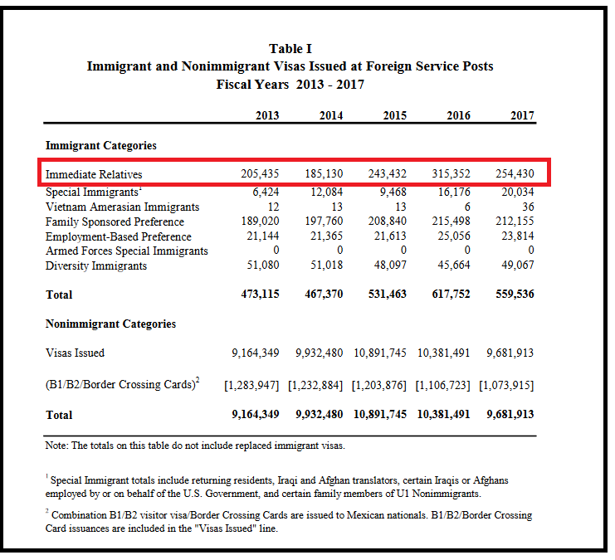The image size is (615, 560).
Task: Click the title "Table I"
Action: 290,49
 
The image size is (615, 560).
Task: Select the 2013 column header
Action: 267,115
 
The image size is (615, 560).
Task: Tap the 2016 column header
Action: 458,115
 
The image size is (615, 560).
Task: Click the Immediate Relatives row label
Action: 94,174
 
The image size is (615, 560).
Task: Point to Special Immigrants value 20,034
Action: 515,192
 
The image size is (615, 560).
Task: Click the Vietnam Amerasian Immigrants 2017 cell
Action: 525,207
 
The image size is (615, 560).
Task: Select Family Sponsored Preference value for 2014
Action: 322,222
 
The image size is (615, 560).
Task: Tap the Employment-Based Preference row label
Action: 119,236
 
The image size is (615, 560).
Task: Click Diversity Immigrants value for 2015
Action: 389,265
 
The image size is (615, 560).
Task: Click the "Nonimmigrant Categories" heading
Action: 110,324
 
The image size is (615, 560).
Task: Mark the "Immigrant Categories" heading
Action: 100,145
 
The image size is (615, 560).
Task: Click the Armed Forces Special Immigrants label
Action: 127,251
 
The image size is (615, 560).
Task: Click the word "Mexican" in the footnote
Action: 370,515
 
